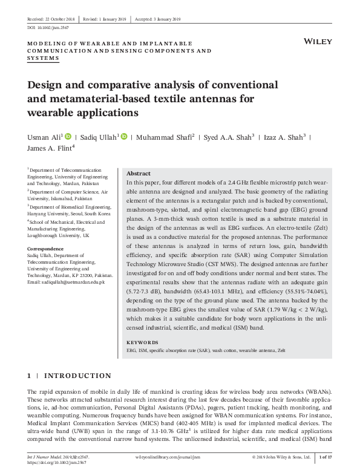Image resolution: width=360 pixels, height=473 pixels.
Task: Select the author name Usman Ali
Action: click(44, 137)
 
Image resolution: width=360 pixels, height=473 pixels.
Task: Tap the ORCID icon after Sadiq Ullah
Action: click(123, 137)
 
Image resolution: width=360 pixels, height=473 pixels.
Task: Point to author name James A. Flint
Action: click(50, 148)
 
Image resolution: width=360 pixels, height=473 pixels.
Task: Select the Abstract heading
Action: click(138, 173)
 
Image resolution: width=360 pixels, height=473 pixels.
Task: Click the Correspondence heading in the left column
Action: click(46, 249)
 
